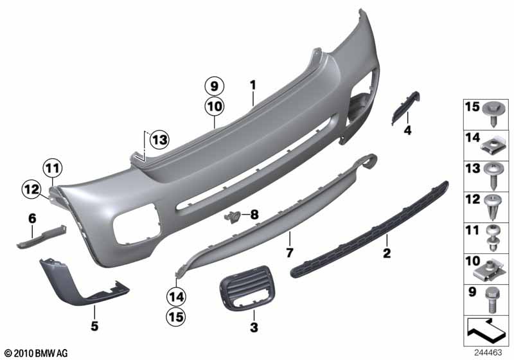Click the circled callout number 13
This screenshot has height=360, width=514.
pos(159,140)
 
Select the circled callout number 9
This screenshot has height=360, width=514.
pos(215,87)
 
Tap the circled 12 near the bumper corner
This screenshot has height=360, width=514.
pos(31,190)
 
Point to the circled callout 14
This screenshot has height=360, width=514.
pos(176,297)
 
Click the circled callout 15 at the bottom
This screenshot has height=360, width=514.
pos(176,317)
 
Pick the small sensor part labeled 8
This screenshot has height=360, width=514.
pos(233,217)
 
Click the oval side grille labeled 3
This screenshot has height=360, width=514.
pos(247,287)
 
